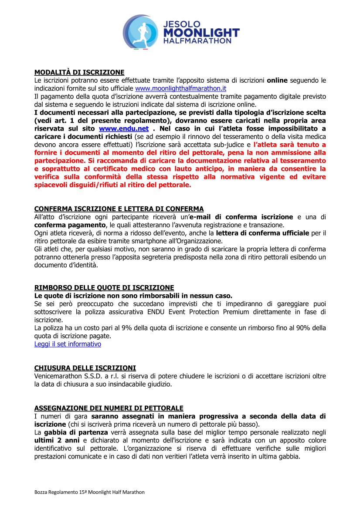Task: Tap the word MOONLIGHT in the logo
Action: coord(201,32)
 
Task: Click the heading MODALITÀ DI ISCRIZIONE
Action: coord(79,72)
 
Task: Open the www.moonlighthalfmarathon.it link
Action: coord(180,88)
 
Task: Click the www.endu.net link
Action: coord(124,129)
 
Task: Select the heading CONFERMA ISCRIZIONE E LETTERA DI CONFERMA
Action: coord(119,209)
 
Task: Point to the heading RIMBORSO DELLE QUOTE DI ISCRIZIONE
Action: coord(104,288)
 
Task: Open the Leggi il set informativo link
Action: coord(68,344)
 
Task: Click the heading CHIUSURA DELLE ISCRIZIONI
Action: coord(85,368)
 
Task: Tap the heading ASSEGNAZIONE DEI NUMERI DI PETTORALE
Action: coord(109,408)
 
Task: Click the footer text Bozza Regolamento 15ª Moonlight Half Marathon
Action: coord(89,492)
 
